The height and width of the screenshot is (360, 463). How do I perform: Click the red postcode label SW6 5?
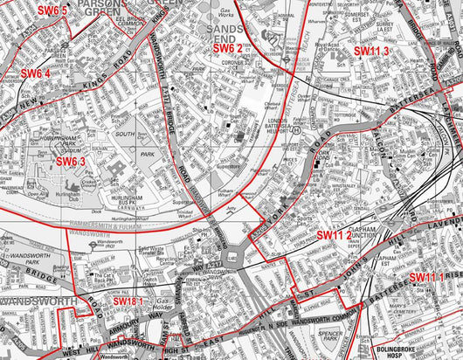[52, 10]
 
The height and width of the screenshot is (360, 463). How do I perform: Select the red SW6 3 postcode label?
[72, 162]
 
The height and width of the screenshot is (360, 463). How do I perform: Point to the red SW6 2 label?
[227, 48]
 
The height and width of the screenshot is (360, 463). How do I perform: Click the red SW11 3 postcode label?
[370, 52]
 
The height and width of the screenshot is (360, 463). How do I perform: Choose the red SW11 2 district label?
[334, 234]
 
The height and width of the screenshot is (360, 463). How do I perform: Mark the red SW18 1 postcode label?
[128, 301]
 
